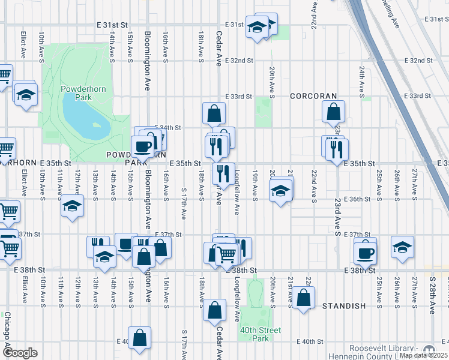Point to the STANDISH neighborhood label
click(343, 306)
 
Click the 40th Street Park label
click(260, 334)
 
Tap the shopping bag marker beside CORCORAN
click(333, 112)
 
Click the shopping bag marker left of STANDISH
click(304, 298)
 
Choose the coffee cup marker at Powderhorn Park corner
click(143, 146)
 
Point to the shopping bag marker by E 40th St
click(140, 338)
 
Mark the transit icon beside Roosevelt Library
click(429, 350)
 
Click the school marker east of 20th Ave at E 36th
click(280, 192)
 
